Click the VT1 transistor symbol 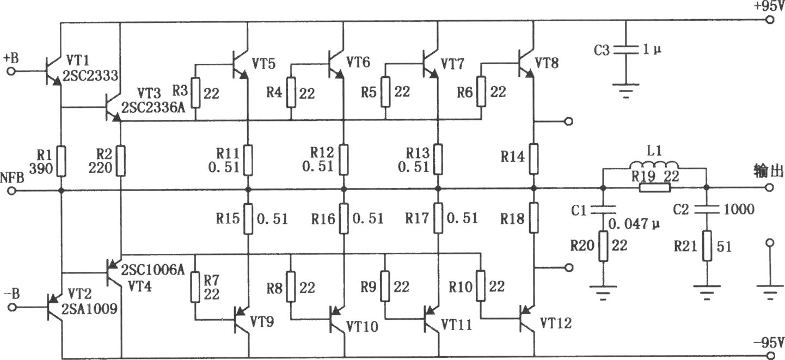[x=53, y=71]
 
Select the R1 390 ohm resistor [x=62, y=161]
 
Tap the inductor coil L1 [x=654, y=165]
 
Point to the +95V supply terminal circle [x=770, y=20]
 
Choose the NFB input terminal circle [x=12, y=191]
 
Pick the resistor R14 [x=533, y=159]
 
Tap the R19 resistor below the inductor [x=655, y=188]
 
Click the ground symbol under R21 [x=707, y=292]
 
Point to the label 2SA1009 [x=89, y=309]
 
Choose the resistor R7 [x=195, y=286]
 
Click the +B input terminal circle [x=11, y=71]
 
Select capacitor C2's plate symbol [x=707, y=210]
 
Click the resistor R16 [x=344, y=218]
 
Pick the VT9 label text [x=262, y=321]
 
